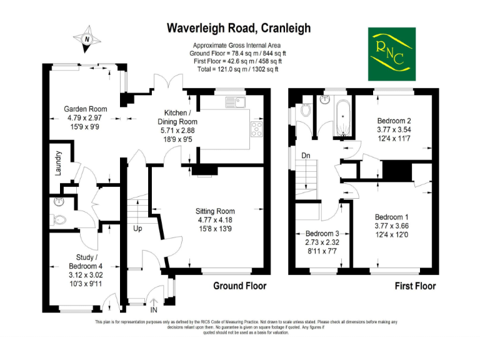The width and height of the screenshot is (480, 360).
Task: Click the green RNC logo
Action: click(391, 54)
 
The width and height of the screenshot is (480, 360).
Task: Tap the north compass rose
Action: click(87, 39)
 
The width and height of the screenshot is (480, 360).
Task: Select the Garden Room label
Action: click(86, 109)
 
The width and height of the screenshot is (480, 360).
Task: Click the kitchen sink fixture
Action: click(236, 102)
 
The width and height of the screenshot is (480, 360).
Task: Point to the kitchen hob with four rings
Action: click(256, 129)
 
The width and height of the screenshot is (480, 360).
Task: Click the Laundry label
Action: click(58, 163)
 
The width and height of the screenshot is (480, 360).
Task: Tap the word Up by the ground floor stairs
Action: click(137, 229)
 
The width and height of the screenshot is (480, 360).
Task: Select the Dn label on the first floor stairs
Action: click(306, 156)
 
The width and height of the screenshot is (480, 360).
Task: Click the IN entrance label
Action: click(154, 310)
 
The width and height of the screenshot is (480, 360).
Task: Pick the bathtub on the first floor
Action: click(343, 118)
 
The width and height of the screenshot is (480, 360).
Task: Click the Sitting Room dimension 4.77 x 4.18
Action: click(215, 220)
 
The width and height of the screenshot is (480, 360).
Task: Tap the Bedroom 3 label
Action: click(322, 234)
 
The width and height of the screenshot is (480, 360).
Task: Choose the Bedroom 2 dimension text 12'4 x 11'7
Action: click(394, 139)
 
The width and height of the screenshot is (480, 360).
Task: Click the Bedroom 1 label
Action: click(391, 217)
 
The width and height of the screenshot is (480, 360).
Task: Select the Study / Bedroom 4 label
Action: click(86, 262)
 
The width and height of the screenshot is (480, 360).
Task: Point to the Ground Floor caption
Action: click(240, 286)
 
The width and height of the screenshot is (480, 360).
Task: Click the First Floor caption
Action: click(415, 286)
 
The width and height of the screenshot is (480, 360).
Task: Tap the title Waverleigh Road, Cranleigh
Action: click(239, 28)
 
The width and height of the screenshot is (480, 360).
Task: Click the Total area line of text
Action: click(237, 69)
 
